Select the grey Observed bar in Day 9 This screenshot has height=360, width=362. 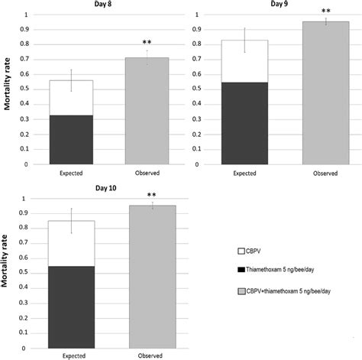click(325, 92)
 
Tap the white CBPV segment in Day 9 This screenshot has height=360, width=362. click(244, 61)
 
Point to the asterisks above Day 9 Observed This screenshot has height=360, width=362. click(326, 11)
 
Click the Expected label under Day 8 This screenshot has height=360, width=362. click(70, 174)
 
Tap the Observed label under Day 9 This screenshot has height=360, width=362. click(325, 174)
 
